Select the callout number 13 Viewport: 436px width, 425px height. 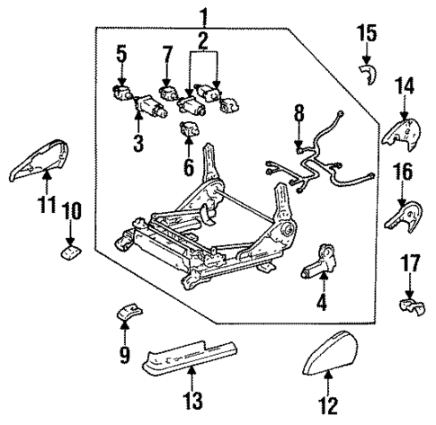coord(192,398)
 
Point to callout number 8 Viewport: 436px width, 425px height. coord(299,113)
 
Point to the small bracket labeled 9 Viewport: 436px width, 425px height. coord(129,314)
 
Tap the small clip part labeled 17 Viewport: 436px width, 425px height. coord(410,307)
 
